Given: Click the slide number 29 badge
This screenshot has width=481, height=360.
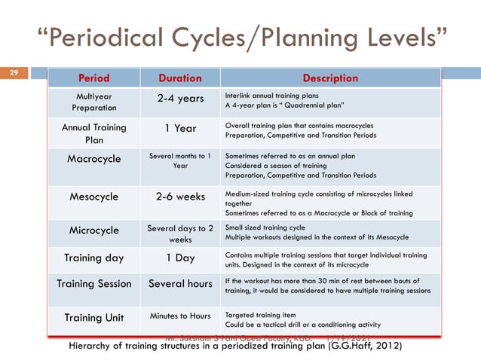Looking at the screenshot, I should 13,73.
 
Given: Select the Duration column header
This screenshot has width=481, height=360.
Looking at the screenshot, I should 180,78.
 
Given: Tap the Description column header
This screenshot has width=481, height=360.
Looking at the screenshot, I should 329,78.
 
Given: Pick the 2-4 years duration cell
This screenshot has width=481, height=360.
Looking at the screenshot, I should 180,98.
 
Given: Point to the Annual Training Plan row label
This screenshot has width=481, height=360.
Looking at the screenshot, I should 93,133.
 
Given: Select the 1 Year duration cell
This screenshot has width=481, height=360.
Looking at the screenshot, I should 180,128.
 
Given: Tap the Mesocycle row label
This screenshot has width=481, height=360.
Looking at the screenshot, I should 93,197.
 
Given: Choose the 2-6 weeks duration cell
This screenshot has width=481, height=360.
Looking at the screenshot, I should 180,197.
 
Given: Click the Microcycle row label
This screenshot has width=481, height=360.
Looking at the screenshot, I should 93,230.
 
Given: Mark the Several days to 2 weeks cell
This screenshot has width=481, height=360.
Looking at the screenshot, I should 180,233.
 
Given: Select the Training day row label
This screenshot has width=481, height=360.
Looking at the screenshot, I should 93,258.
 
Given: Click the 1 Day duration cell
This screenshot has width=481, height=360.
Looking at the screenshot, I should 180,258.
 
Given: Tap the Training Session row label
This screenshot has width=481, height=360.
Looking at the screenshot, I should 93,285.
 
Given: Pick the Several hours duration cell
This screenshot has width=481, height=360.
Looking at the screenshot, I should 180,285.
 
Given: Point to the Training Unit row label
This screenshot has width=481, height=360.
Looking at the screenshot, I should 93,317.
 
